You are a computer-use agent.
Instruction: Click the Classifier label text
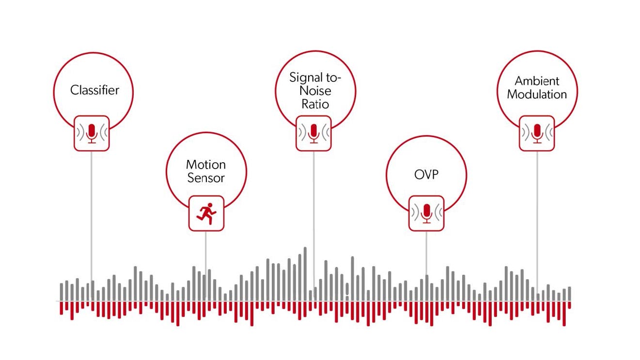[x=94, y=90]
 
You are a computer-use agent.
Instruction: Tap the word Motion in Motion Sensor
[x=206, y=165]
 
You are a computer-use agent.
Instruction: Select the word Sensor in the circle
[x=206, y=178]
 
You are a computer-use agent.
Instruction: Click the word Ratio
[x=315, y=104]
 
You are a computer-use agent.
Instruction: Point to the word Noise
[x=315, y=91]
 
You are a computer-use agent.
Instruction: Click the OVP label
[x=426, y=174]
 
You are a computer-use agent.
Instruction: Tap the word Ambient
[x=537, y=81]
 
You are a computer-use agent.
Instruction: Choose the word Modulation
[x=537, y=94]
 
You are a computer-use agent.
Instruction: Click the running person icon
[x=206, y=214]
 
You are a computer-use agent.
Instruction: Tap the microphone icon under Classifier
[x=92, y=133]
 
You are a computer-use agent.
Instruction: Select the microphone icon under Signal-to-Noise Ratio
[x=314, y=133]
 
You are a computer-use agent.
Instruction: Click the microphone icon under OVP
[x=426, y=213]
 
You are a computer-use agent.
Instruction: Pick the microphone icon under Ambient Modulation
[x=537, y=133]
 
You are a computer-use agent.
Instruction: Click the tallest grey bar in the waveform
[x=305, y=274]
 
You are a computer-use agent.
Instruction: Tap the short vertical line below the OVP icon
[x=426, y=253]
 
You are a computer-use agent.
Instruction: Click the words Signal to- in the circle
[x=315, y=78]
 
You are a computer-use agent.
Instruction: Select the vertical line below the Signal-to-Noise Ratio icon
[x=314, y=219]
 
